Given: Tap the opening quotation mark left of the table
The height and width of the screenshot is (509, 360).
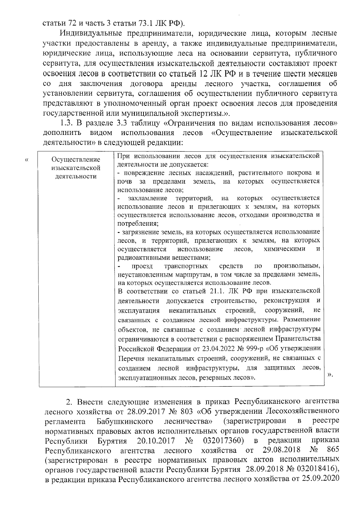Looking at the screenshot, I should click(26, 160).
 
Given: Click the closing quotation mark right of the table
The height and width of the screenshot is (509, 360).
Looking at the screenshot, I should click(330, 374).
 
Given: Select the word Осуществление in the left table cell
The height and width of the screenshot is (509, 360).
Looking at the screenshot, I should click(76, 159).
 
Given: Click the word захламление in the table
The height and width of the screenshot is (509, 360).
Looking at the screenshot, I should click(147, 198).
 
